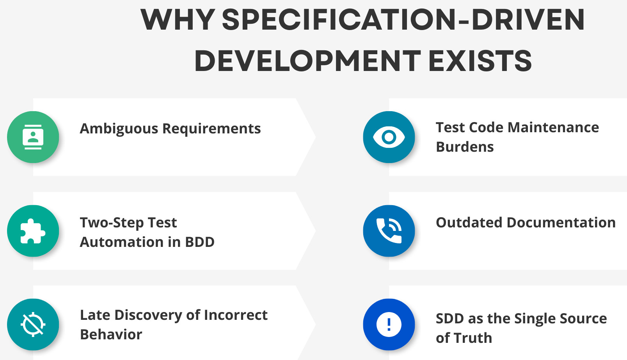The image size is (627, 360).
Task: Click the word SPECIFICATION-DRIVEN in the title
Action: [x=403, y=20]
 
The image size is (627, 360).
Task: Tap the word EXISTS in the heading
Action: [x=480, y=61]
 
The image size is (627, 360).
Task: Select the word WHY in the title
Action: [x=178, y=20]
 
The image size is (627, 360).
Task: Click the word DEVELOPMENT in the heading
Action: [x=307, y=61]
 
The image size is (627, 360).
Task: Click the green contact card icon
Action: [x=33, y=137]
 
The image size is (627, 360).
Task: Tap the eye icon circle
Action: [x=389, y=137]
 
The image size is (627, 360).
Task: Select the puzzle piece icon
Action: [x=33, y=231]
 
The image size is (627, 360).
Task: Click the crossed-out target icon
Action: [x=33, y=325]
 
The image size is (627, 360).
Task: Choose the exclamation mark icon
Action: [x=389, y=325]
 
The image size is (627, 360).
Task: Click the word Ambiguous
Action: [x=119, y=129]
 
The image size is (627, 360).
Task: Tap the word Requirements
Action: [x=211, y=129]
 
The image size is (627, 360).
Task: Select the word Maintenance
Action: [x=553, y=128]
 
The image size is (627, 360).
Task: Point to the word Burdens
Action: [x=465, y=147]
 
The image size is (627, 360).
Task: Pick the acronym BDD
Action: [x=200, y=242]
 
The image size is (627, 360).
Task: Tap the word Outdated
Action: [x=469, y=223]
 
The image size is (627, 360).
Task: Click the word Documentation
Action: [x=561, y=223]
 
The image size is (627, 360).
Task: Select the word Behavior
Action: [x=111, y=335]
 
